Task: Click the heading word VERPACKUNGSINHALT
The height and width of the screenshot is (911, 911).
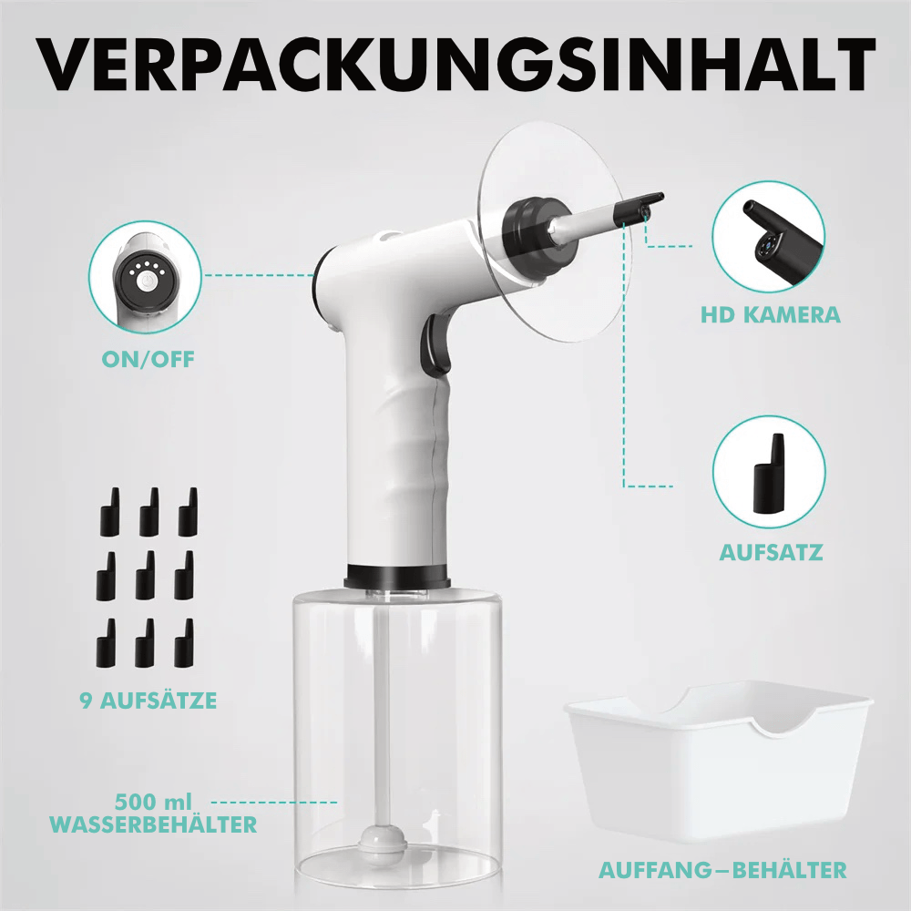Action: (456, 65)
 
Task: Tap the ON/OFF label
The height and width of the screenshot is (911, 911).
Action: (148, 360)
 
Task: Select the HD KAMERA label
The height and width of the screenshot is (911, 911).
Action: (771, 315)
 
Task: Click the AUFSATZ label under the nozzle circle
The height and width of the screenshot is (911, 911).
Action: (771, 552)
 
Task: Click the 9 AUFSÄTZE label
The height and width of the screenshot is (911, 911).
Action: (148, 701)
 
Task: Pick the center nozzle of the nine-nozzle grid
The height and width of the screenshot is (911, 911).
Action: (145, 576)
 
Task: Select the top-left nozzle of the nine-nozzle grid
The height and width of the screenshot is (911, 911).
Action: (110, 512)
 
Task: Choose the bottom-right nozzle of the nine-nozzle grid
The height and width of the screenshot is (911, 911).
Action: (184, 642)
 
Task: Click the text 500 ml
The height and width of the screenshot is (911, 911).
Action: (153, 803)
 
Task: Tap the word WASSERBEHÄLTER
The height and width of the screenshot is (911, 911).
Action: (153, 824)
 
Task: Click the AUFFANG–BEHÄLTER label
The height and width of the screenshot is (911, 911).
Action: (722, 870)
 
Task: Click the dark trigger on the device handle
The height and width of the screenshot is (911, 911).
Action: (435, 344)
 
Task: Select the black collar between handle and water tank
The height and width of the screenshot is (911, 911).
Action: (397, 576)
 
